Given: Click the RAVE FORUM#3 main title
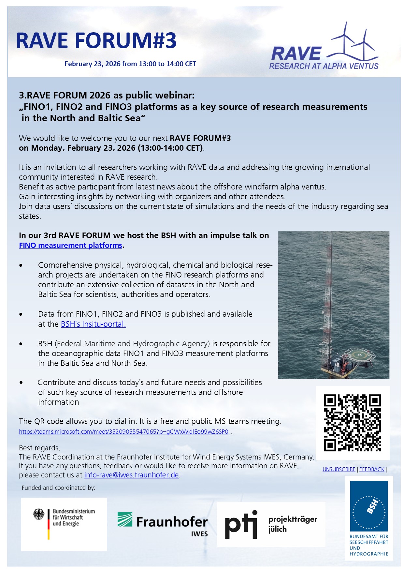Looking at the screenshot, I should tap(96, 41).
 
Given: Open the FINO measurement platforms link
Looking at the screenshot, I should tap(71, 246).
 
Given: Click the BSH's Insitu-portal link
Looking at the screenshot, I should tap(93, 324).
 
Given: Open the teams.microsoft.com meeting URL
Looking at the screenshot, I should tap(123, 432).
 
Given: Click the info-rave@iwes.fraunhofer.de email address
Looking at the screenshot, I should tap(132, 475).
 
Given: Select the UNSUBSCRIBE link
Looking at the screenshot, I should tap(339, 470).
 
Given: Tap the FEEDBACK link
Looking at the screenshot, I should tap(372, 470).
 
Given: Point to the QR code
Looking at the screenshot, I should tap(353, 423).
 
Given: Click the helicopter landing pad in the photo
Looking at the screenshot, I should tap(359, 355).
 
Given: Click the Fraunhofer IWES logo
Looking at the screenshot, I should tap(163, 523).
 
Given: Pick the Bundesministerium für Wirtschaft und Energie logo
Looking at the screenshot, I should tap(64, 524).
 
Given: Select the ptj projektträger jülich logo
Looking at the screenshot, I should tap(271, 524).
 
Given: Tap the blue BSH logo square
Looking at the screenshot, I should tap(369, 506).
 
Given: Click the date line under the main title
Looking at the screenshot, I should tap(130, 64).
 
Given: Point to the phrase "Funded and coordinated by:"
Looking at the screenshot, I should tap(59, 488).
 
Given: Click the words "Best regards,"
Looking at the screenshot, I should tap(39, 448).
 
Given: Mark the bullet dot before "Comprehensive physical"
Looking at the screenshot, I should tap(21, 265).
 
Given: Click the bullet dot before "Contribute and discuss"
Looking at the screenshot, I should tap(21, 383).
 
